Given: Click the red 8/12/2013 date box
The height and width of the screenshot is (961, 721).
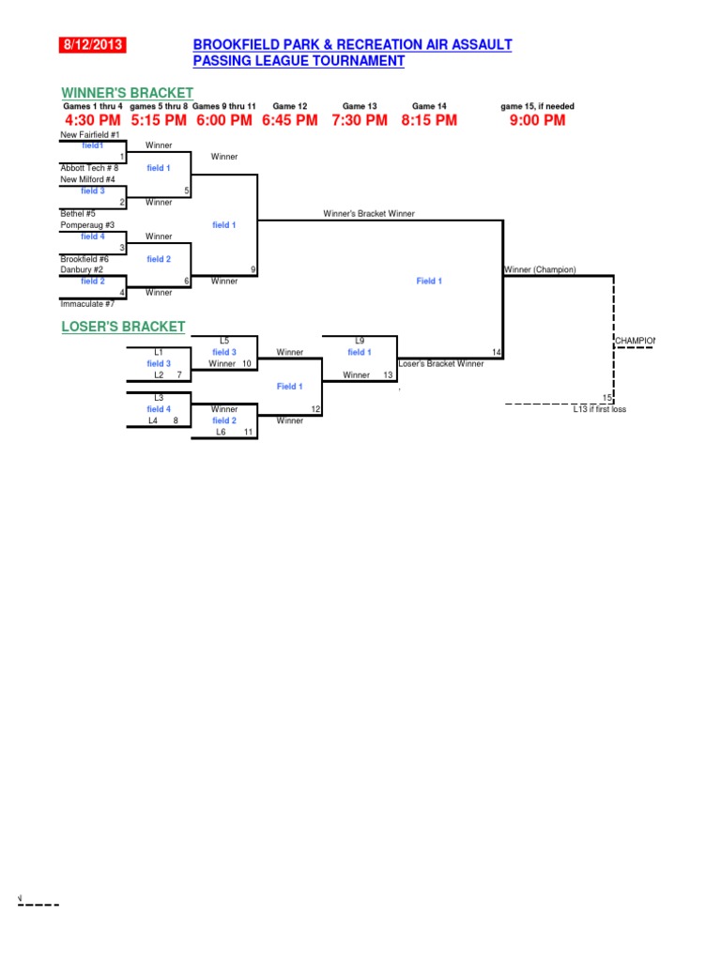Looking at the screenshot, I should click(x=93, y=45).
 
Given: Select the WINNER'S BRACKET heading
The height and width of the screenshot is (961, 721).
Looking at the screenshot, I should click(x=128, y=93).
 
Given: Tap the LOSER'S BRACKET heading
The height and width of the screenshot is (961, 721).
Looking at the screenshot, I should click(x=123, y=327).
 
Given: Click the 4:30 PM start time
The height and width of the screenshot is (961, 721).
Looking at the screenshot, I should click(x=93, y=120).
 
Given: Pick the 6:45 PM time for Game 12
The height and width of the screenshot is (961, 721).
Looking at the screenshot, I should click(x=290, y=120).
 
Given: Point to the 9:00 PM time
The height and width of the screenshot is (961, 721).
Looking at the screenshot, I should click(x=538, y=120).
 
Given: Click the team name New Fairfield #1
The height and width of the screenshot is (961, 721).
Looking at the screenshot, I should click(x=90, y=135).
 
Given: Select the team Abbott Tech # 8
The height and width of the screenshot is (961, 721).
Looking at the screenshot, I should click(x=89, y=168).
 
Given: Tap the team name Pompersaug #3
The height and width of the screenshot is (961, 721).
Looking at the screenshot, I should click(x=87, y=225).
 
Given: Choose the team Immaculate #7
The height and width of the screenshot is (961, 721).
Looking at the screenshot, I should click(x=87, y=304).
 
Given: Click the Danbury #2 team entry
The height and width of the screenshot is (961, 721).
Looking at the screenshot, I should click(x=82, y=270).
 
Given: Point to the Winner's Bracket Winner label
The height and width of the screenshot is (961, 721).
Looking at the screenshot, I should click(x=369, y=214).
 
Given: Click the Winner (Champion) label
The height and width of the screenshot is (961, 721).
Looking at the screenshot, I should click(x=540, y=270).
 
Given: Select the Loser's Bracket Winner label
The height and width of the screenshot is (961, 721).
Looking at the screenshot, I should click(x=441, y=363).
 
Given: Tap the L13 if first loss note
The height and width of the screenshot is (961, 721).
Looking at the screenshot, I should click(x=600, y=409).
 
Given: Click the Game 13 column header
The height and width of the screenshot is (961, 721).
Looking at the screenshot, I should click(x=360, y=107).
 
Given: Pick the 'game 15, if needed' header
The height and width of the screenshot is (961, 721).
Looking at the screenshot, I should click(x=538, y=107).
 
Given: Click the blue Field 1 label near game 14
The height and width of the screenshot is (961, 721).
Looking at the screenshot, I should click(x=429, y=281).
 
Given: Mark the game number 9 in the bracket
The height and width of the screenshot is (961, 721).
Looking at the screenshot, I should click(x=253, y=269).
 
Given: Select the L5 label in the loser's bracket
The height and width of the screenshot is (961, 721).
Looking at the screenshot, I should click(x=224, y=341).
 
